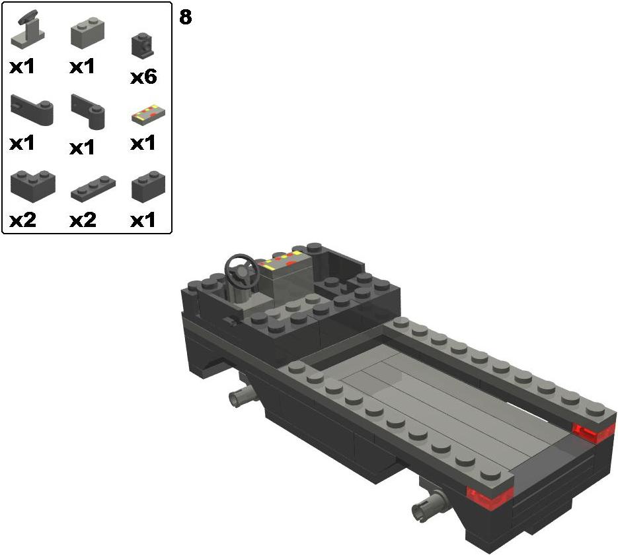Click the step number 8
[x=185, y=17]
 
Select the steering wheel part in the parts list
[x=28, y=30]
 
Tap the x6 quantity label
[x=143, y=77]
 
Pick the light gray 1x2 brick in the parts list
[x=87, y=33]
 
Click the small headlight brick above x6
[x=143, y=46]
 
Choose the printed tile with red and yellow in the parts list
[x=148, y=115]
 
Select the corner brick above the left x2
[x=33, y=187]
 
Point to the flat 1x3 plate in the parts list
[x=93, y=189]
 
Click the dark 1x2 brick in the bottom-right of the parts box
[x=148, y=187]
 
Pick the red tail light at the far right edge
[x=594, y=432]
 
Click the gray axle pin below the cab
[x=243, y=395]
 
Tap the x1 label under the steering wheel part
[x=22, y=67]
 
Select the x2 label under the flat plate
[x=83, y=220]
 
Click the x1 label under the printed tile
[x=143, y=143]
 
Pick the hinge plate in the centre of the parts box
[x=89, y=112]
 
